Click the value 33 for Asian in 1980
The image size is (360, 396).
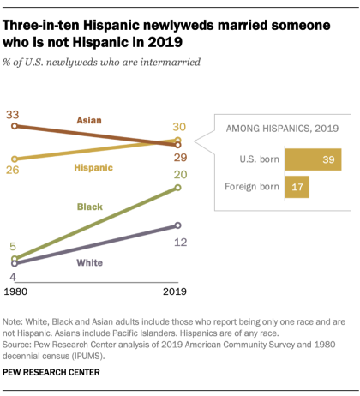13,114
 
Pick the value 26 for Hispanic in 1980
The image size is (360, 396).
13,171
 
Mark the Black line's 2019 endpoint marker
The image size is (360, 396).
178,188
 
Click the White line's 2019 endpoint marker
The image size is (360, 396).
178,225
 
